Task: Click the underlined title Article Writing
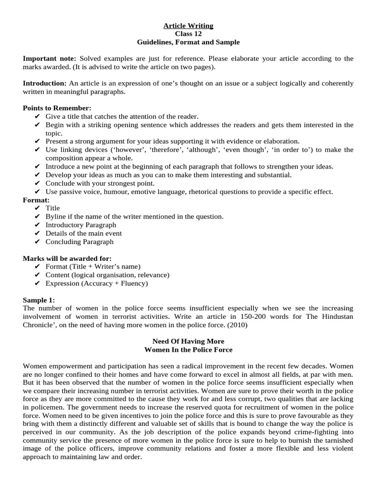pos(188,26)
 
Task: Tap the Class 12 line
pos(188,34)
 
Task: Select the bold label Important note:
pos(50,58)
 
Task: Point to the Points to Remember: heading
pos(57,108)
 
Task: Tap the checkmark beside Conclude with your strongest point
pos(38,183)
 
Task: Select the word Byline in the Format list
pos(55,217)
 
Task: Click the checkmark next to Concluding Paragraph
pos(38,242)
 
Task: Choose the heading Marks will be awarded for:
pos(67,258)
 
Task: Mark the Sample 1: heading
pos(39,300)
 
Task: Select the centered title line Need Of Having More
pos(188,341)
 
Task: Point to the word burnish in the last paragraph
pos(286,441)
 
